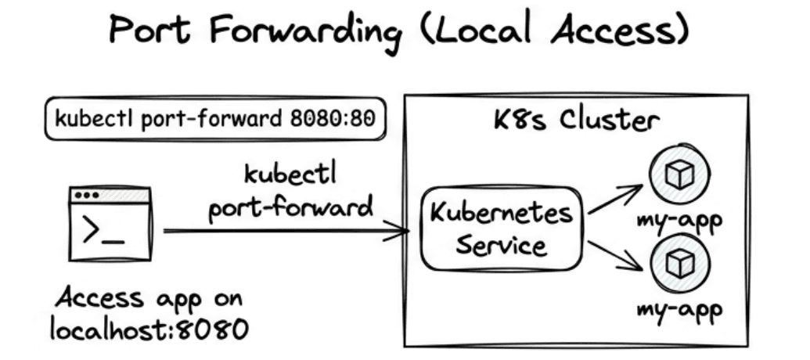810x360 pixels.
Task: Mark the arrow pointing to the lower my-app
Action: coord(615,256)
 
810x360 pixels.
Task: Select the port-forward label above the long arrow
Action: coord(290,208)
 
